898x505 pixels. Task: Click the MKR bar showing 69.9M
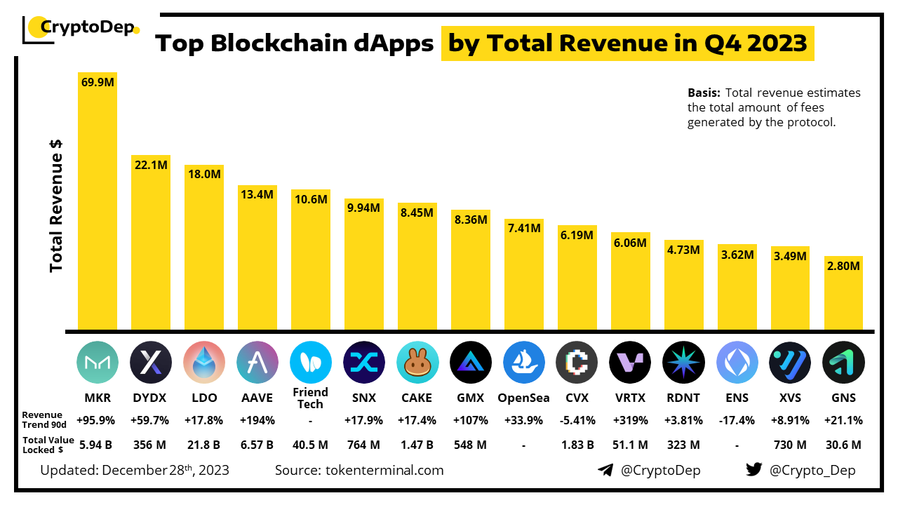pyautogui.click(x=97, y=203)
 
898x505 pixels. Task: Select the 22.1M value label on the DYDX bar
pyautogui.click(x=151, y=164)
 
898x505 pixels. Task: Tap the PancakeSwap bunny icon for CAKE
pyautogui.click(x=417, y=362)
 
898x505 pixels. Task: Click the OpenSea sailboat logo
pyautogui.click(x=524, y=362)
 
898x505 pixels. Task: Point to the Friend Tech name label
pyautogui.click(x=310, y=398)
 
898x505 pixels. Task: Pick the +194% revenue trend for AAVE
pyautogui.click(x=257, y=421)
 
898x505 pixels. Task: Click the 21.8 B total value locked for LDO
pyautogui.click(x=203, y=445)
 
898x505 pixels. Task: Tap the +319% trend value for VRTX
pyautogui.click(x=630, y=421)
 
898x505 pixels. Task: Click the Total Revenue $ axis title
pyautogui.click(x=57, y=203)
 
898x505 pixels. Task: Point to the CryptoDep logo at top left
pyautogui.click(x=81, y=28)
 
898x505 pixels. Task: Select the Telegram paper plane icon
pyautogui.click(x=605, y=470)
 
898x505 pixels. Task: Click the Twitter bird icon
pyautogui.click(x=753, y=470)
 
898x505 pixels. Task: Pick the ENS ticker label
pyautogui.click(x=737, y=398)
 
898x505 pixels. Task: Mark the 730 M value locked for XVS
pyautogui.click(x=790, y=445)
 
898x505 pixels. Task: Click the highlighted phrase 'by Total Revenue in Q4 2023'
pyautogui.click(x=627, y=43)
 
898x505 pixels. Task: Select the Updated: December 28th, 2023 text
pyautogui.click(x=135, y=470)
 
